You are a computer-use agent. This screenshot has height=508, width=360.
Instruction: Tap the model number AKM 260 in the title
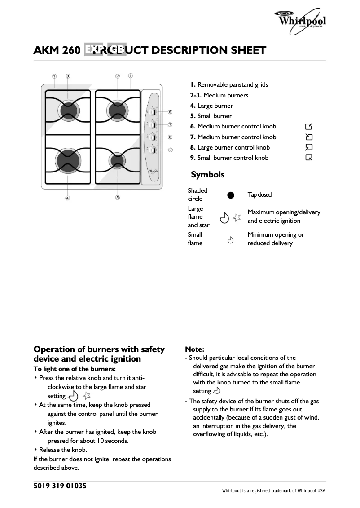[x=57, y=50]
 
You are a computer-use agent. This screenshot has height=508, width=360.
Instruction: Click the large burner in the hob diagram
[x=68, y=159]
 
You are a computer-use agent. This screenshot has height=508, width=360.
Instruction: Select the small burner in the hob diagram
[x=117, y=159]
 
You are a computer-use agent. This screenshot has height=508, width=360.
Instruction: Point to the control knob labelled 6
[x=153, y=112]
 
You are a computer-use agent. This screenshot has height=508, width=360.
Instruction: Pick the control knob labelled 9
[x=153, y=150]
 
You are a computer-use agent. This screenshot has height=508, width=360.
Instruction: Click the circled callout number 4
[x=67, y=198]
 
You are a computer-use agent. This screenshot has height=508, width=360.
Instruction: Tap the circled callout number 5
[x=117, y=198]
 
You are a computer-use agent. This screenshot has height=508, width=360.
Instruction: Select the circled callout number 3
[x=68, y=76]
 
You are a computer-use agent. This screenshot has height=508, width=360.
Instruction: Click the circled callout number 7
[x=170, y=124]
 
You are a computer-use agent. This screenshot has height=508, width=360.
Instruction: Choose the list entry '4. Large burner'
[x=211, y=106]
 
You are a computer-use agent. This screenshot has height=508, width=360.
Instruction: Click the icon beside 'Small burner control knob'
[x=308, y=158]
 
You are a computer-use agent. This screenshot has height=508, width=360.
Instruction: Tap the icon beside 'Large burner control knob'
[x=308, y=147]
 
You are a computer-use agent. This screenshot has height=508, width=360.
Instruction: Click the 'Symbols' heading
[x=207, y=174]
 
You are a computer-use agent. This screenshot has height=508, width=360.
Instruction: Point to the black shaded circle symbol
[x=231, y=194]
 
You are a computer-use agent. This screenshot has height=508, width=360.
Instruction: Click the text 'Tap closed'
[x=259, y=194]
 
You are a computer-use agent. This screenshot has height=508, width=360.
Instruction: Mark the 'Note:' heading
[x=195, y=349]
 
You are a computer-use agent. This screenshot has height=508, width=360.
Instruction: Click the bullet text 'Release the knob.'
[x=63, y=450]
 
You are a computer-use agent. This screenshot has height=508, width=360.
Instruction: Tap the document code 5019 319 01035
[x=60, y=486]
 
